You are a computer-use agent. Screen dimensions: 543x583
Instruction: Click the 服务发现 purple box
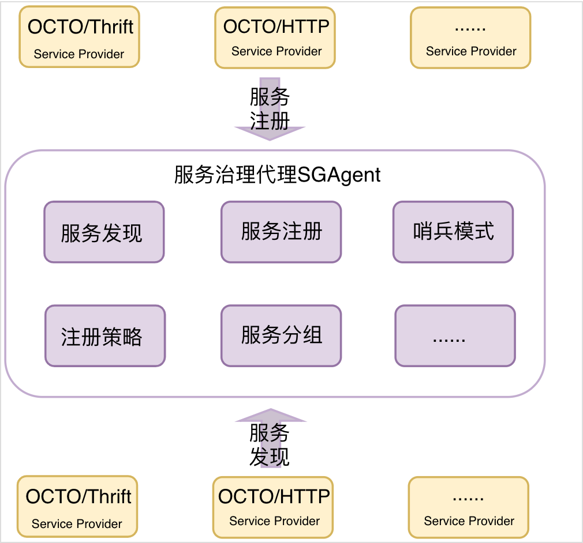pyautogui.click(x=104, y=232)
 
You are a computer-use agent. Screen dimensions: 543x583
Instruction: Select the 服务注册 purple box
pyautogui.click(x=281, y=232)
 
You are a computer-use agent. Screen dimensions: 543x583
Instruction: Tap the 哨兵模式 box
pyautogui.click(x=453, y=232)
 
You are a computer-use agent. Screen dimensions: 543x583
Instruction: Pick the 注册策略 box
pyautogui.click(x=105, y=335)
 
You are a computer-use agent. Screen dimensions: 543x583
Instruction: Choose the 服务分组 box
pyautogui.click(x=281, y=335)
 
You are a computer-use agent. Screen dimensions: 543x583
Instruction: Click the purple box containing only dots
pyautogui.click(x=455, y=335)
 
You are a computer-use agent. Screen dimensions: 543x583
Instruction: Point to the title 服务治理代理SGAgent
pyautogui.click(x=277, y=175)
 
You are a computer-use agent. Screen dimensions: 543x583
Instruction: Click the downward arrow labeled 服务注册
pyautogui.click(x=270, y=109)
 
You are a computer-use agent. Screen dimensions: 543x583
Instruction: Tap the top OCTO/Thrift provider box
pyautogui.click(x=80, y=37)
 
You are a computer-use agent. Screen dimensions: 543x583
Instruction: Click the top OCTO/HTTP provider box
pyautogui.click(x=275, y=37)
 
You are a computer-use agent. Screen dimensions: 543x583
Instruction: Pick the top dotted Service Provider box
pyautogui.click(x=470, y=37)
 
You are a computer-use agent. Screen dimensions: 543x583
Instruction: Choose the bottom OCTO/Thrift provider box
pyautogui.click(x=77, y=506)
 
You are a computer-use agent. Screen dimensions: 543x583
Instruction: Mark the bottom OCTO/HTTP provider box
pyautogui.click(x=273, y=506)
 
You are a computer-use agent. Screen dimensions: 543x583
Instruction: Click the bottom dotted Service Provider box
pyautogui.click(x=468, y=506)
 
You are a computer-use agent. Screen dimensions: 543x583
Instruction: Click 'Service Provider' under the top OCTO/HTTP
pyautogui.click(x=276, y=51)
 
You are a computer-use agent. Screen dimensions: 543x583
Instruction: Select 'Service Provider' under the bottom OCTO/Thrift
pyautogui.click(x=77, y=524)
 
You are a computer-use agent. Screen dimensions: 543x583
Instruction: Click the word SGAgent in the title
pyautogui.click(x=339, y=175)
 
